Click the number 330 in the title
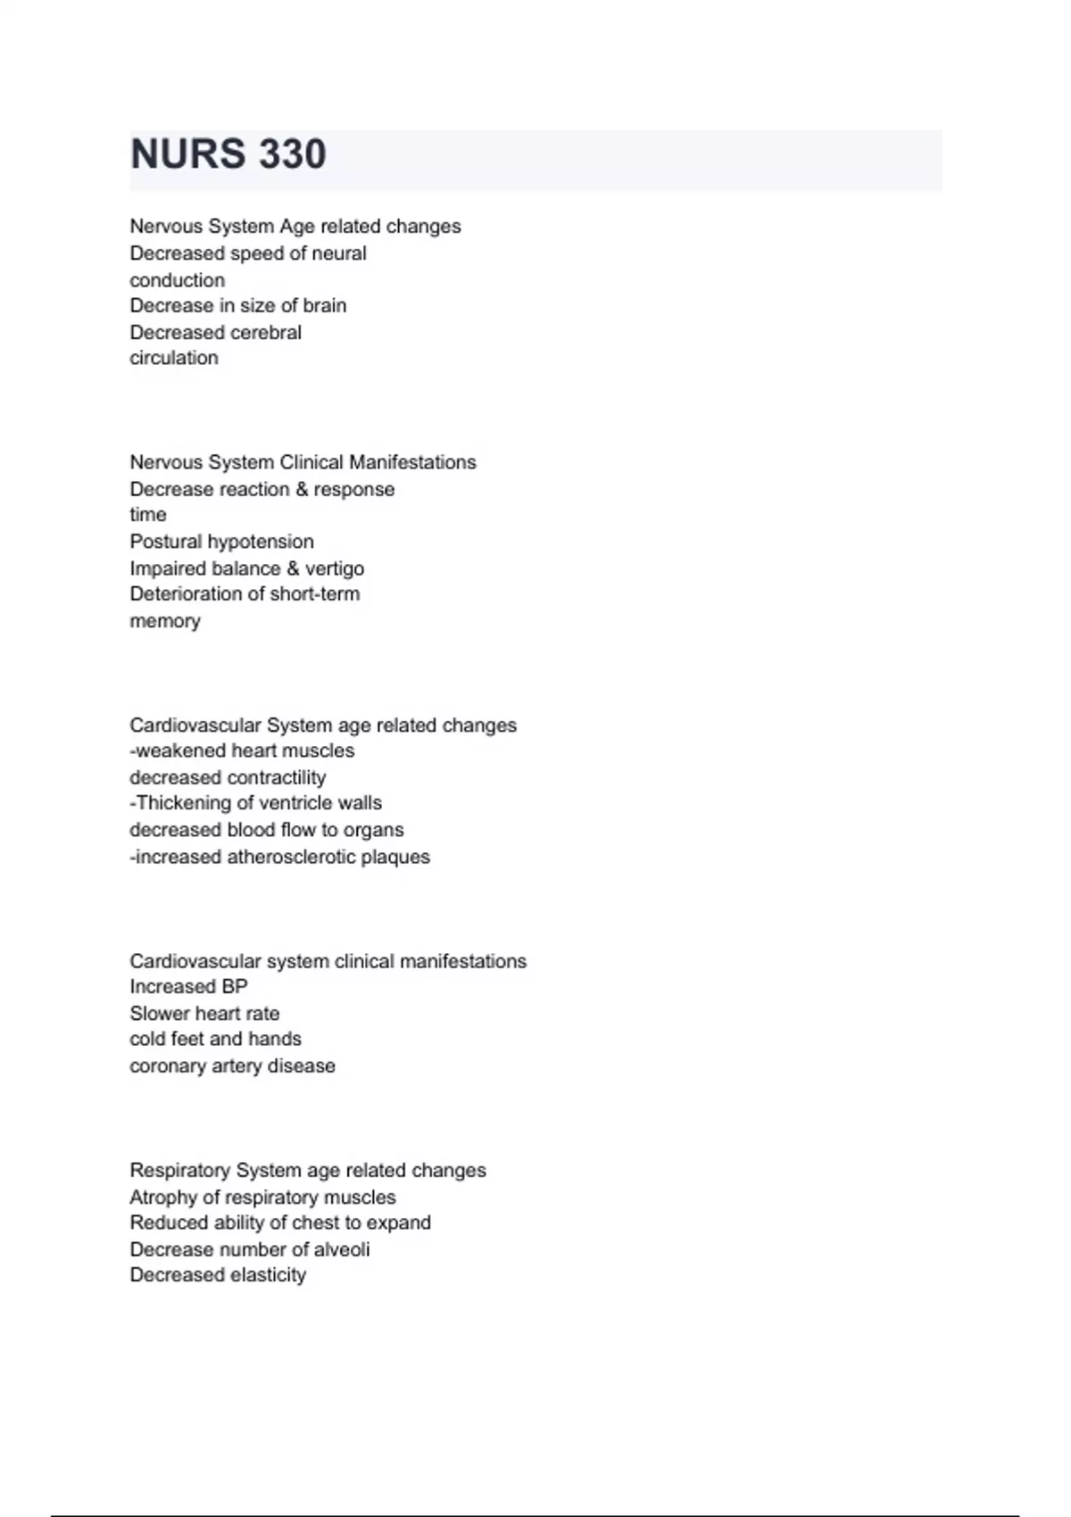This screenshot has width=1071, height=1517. pyautogui.click(x=293, y=154)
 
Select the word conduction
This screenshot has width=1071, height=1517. pyautogui.click(x=177, y=280)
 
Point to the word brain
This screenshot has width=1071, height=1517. pyautogui.click(x=325, y=306)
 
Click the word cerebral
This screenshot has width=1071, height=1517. pyautogui.click(x=266, y=333)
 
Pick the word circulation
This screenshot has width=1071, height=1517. pyautogui.click(x=173, y=358)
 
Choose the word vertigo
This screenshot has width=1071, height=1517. pyautogui.click(x=335, y=568)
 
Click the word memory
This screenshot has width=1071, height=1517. pyautogui.click(x=164, y=621)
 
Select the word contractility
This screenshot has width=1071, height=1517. pyautogui.click(x=277, y=777)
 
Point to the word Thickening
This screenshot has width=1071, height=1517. pyautogui.click(x=183, y=803)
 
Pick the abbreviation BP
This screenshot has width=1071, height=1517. pyautogui.click(x=235, y=987)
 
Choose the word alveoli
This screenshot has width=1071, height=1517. pyautogui.click(x=342, y=1249)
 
